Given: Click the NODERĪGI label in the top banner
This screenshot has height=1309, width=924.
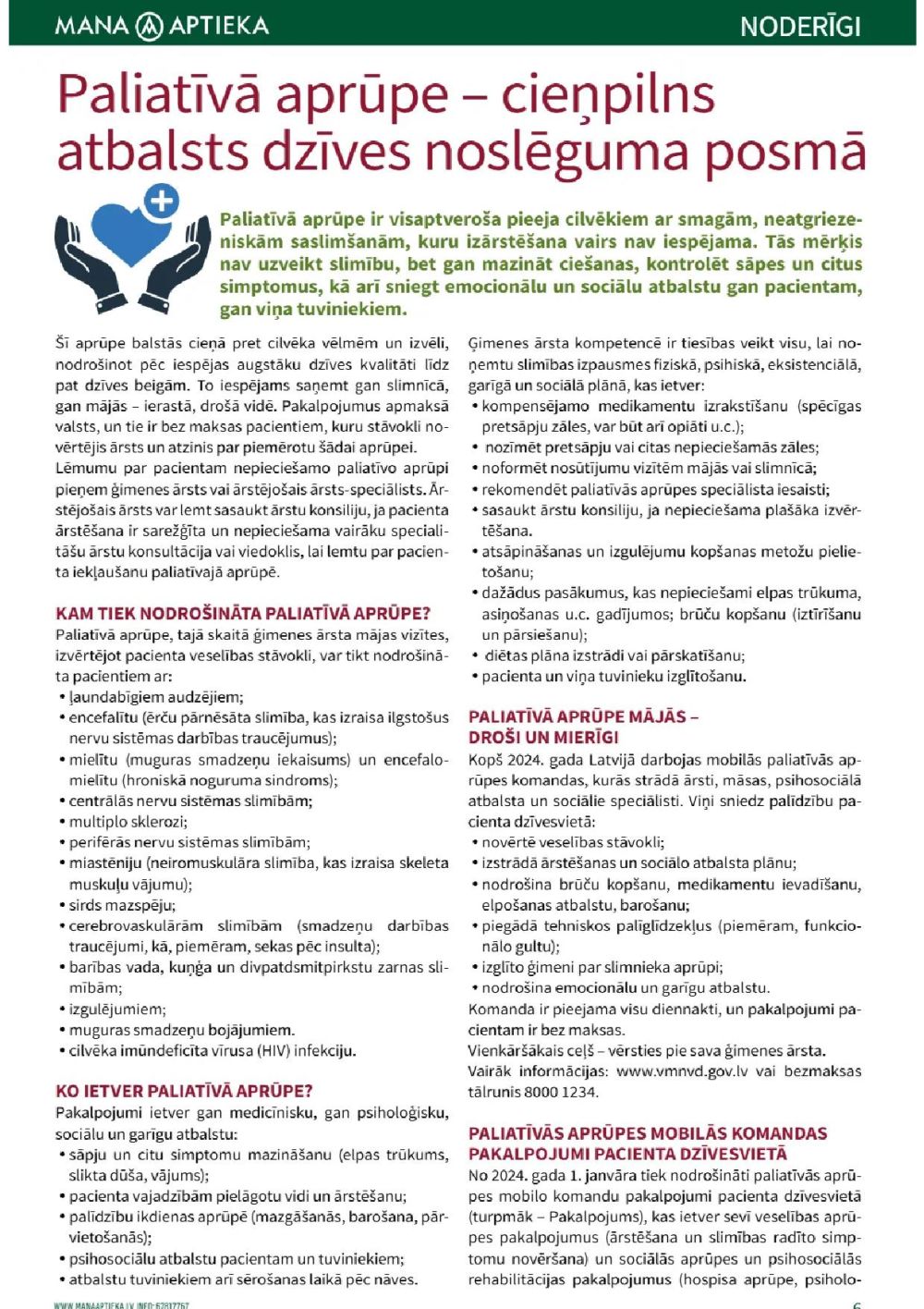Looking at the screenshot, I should (800, 26).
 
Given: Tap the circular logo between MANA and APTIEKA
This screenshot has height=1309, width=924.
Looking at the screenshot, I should (149, 26).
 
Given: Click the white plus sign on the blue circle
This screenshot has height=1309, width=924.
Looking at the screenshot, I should (163, 201).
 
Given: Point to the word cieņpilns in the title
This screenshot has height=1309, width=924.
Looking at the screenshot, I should (608, 95).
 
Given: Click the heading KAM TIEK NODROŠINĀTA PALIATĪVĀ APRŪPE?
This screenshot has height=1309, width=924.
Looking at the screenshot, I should (243, 614).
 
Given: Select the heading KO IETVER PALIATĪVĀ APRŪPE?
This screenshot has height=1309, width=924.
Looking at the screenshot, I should (184, 1091).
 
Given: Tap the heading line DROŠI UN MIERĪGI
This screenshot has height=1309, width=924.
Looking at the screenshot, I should (543, 738).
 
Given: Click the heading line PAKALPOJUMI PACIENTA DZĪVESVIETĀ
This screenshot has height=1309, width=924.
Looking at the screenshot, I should (627, 1154).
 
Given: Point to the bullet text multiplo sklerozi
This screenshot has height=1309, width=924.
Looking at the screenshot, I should (128, 822).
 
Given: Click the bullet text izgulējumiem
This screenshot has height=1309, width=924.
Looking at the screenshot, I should (117, 1009).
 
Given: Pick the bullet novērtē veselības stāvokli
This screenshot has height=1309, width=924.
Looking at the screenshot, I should (573, 842).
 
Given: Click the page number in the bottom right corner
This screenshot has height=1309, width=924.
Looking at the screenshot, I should (857, 1304).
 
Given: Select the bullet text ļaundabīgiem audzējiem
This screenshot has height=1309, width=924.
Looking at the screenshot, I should (156, 697).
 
